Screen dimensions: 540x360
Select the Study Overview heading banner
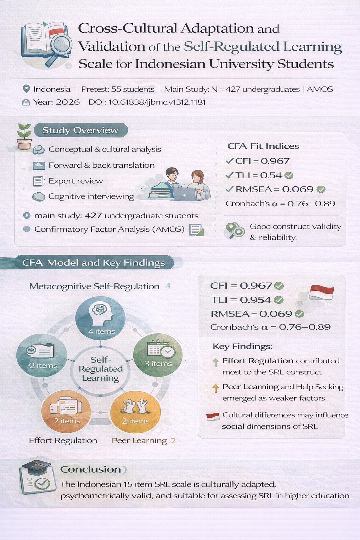(80, 130)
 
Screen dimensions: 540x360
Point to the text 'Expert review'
(76, 181)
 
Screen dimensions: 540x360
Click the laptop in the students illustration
(185, 194)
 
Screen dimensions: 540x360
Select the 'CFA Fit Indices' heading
(263, 146)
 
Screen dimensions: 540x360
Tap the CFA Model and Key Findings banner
(93, 263)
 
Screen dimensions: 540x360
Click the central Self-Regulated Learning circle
(100, 369)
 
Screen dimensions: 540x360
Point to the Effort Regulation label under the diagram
(63, 441)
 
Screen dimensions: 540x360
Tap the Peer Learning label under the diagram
(139, 441)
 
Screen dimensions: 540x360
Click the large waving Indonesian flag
(321, 293)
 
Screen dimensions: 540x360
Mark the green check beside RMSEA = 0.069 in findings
(299, 314)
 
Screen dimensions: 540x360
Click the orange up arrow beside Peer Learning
(216, 388)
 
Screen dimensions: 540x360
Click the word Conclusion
(91, 469)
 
